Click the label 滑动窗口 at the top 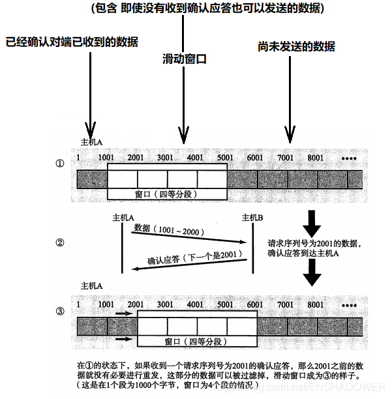point(185,59)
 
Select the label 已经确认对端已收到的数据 point(72,42)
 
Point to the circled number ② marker point(60,243)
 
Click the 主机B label point(252,217)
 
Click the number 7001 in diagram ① point(286,158)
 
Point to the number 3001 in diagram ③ point(166,305)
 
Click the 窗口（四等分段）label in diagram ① point(166,194)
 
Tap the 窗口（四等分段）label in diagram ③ point(196,341)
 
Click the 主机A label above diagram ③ point(92,286)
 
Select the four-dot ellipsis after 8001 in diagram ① point(349,158)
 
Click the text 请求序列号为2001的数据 point(314,243)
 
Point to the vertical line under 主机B point(253,248)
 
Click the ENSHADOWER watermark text point(352,387)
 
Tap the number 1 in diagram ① point(78,158)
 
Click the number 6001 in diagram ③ point(256,305)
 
